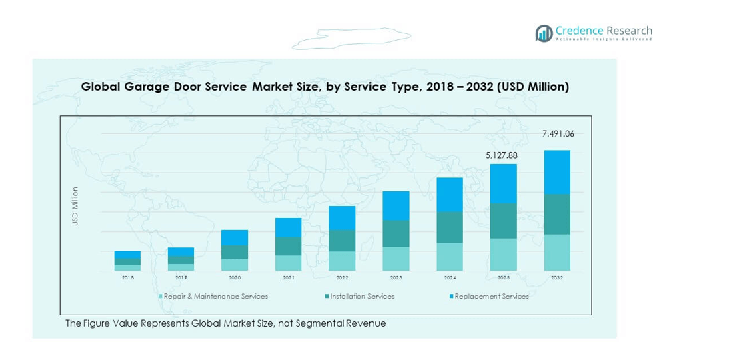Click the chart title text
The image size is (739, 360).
[x=325, y=87]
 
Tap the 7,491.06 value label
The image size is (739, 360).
[x=557, y=134]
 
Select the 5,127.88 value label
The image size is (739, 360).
[x=501, y=155]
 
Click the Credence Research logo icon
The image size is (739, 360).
[x=544, y=33]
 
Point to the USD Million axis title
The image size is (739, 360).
[x=75, y=206]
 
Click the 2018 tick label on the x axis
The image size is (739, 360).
[x=127, y=277]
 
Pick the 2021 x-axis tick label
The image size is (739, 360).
[x=288, y=277]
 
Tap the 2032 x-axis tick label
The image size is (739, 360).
[x=557, y=277]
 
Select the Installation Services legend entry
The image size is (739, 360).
[x=361, y=297]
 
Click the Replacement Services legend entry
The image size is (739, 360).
[x=490, y=297]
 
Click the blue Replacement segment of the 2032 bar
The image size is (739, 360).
[x=557, y=172]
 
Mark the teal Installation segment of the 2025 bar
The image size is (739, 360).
[x=504, y=221]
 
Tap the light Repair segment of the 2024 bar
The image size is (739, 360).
[x=450, y=257]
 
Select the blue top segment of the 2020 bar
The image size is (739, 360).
[x=235, y=237]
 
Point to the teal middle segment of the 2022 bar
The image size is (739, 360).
[x=342, y=241]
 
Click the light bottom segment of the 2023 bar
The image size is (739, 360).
[x=396, y=259]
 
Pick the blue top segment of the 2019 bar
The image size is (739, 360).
[x=181, y=251]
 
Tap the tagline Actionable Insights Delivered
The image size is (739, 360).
[x=604, y=40]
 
